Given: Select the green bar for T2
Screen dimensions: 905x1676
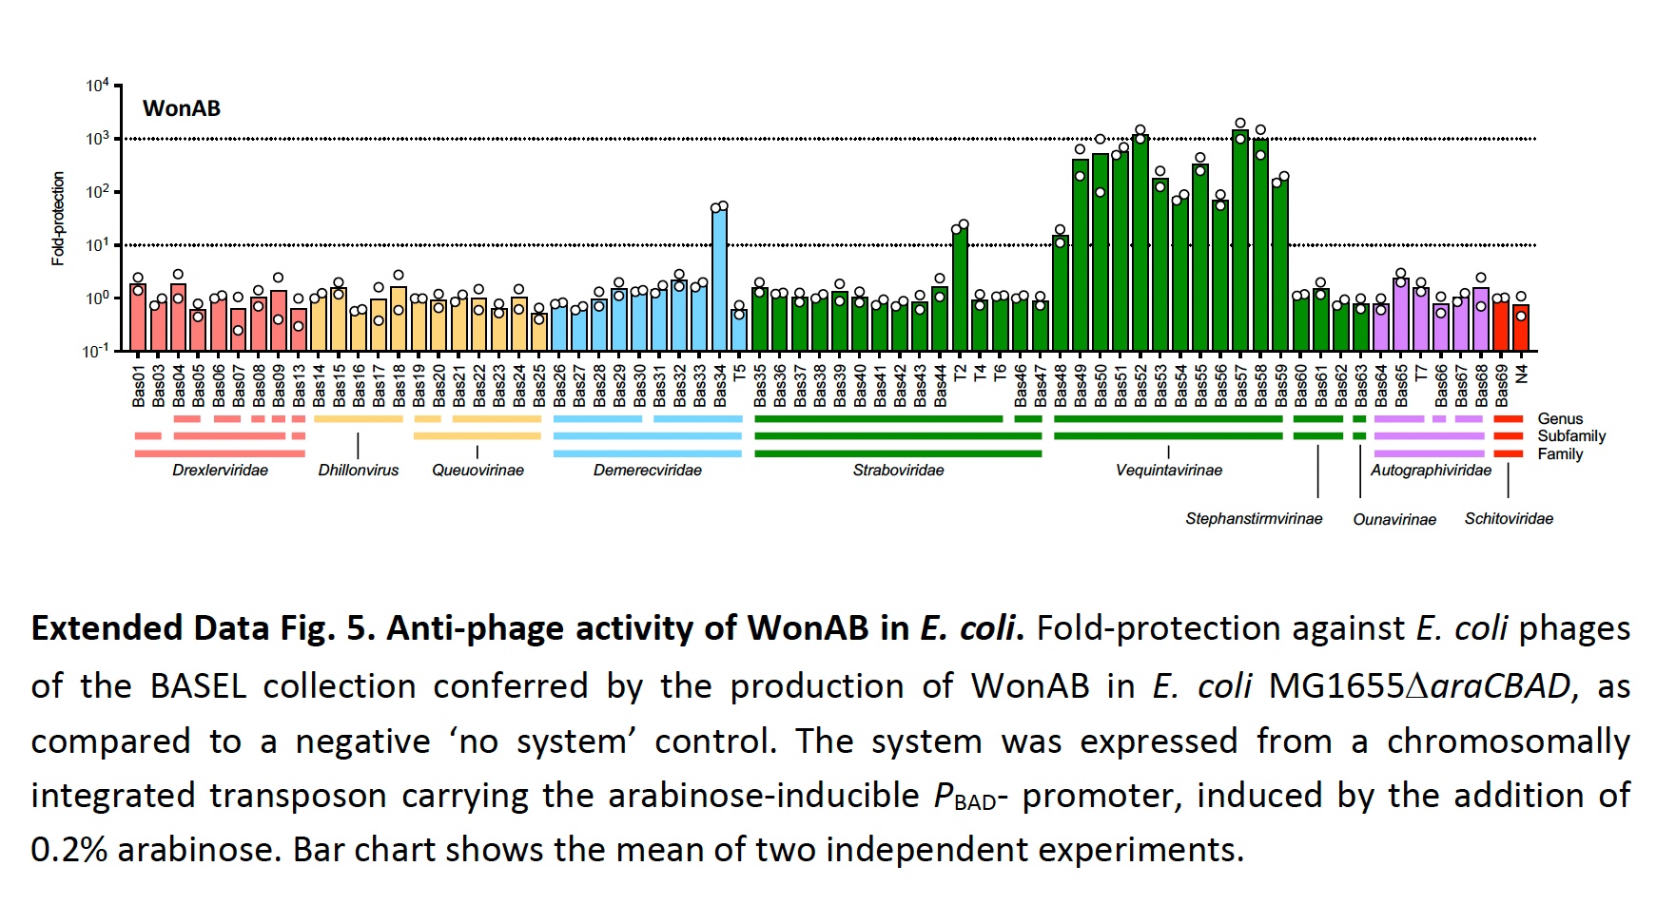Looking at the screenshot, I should (x=960, y=289).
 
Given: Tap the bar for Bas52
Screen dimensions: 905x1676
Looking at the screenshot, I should (x=1140, y=242).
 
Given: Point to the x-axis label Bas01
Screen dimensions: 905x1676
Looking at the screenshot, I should (x=139, y=386).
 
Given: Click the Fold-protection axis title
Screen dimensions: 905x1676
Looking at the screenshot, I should (x=59, y=219).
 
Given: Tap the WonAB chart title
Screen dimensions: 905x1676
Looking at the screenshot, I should (x=182, y=108).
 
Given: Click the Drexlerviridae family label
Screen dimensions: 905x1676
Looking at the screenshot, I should (x=220, y=471).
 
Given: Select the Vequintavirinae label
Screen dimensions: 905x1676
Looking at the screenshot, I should (x=1168, y=471).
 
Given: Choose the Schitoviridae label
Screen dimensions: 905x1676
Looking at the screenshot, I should (x=1509, y=519).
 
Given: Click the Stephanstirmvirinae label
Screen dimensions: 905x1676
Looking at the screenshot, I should (x=1254, y=519).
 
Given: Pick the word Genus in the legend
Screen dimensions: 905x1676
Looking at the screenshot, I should (x=1560, y=419).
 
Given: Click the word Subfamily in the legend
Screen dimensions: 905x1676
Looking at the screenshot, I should (x=1571, y=436).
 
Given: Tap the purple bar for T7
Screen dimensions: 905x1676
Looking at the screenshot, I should (x=1421, y=319).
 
